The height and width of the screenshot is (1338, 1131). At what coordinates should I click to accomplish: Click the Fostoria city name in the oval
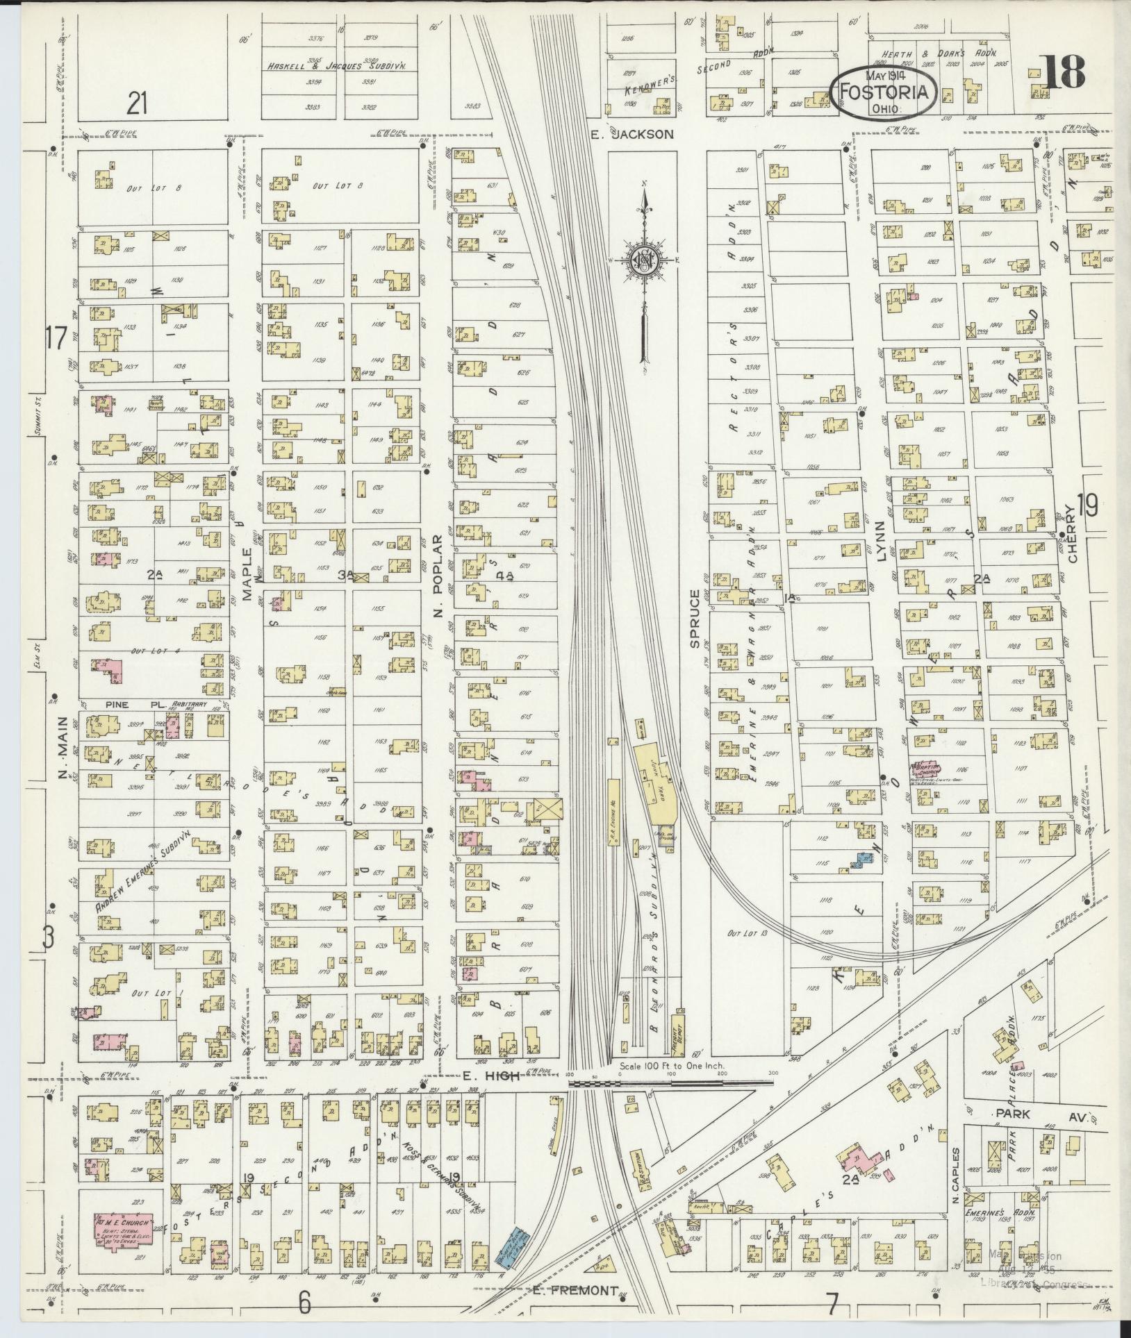tap(884, 91)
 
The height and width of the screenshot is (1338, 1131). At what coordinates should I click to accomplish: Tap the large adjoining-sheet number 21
tap(138, 104)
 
